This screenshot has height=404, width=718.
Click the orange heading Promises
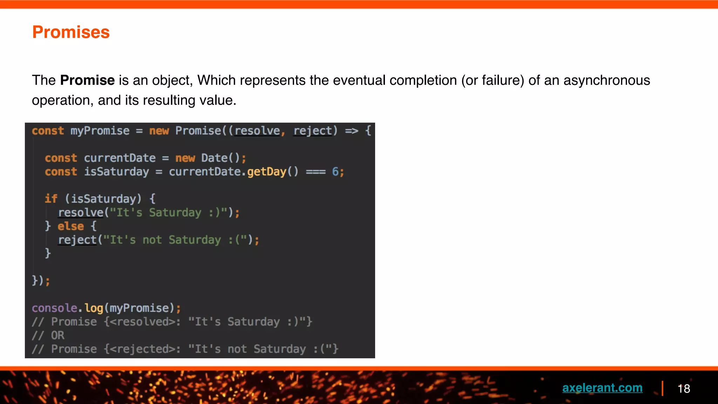click(x=71, y=32)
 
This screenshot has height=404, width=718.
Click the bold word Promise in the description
click(x=87, y=80)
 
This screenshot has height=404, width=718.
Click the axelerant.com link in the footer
click(x=602, y=388)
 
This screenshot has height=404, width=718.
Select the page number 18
click(x=684, y=389)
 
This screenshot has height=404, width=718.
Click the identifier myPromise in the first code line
click(x=100, y=131)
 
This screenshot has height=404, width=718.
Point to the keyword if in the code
click(x=51, y=199)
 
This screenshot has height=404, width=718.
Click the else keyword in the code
click(x=71, y=226)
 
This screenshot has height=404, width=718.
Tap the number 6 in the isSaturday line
click(x=335, y=172)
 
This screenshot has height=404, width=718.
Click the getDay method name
click(x=267, y=172)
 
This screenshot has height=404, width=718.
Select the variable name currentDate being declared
click(x=120, y=158)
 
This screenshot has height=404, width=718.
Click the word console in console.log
click(x=54, y=308)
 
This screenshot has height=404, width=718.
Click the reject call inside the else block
click(x=77, y=240)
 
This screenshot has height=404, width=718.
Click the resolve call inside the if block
click(x=81, y=213)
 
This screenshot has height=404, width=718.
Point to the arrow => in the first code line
click(x=351, y=131)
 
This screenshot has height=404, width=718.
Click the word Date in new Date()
click(x=214, y=158)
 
